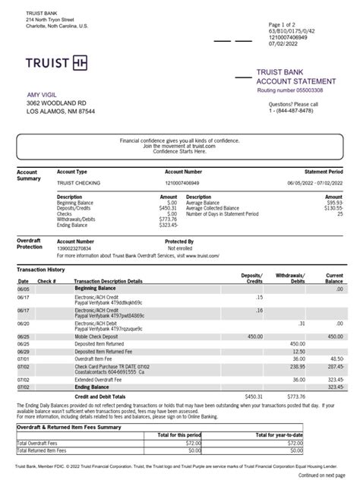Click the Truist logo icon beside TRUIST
(81, 62)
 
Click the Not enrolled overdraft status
(181, 248)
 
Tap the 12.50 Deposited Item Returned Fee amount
(298, 352)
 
